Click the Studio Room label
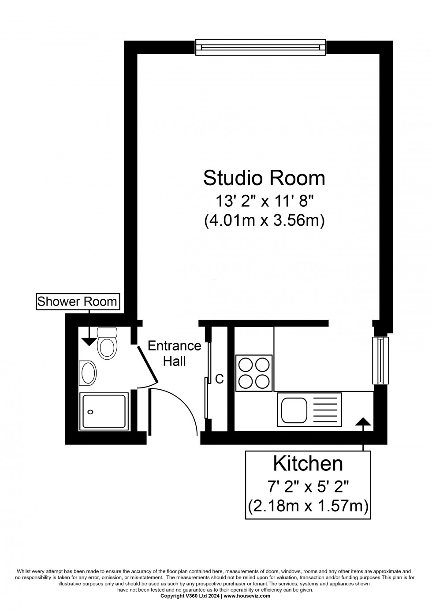point(264,178)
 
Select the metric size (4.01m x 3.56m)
point(264,220)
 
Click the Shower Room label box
point(77,302)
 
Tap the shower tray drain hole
point(90,412)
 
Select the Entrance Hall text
point(175,353)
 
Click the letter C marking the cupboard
point(219,379)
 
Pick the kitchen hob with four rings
point(254,373)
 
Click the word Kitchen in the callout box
point(308,464)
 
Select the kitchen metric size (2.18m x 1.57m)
point(308,506)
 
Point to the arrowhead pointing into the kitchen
point(363,422)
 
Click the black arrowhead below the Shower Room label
point(89,340)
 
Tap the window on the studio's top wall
point(260,47)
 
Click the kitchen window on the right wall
point(380,360)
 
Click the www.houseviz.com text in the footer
point(247,596)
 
